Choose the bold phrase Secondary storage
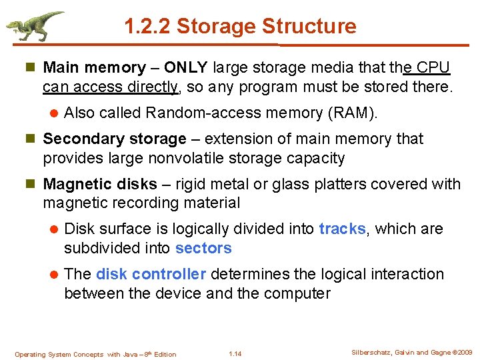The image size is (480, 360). (x=114, y=139)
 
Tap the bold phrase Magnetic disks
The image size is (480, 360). (x=100, y=184)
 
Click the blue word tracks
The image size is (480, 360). (x=342, y=229)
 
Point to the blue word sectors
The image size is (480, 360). (x=203, y=249)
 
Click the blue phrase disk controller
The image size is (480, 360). (x=151, y=275)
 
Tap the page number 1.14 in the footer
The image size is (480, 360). (x=235, y=354)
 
